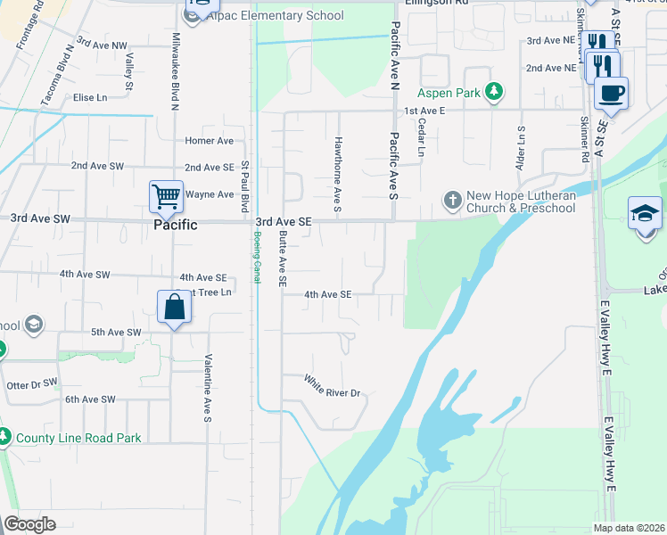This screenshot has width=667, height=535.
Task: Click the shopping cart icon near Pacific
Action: [x=166, y=196]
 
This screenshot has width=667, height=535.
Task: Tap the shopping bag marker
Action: [x=176, y=308]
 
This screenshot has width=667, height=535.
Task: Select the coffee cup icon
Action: [x=612, y=93]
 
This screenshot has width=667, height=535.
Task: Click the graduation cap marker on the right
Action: [x=645, y=214]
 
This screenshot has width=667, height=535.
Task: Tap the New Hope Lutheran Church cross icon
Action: [x=452, y=201]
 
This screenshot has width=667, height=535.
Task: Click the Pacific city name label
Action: [x=175, y=226]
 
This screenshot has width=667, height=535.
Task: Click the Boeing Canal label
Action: [x=256, y=258]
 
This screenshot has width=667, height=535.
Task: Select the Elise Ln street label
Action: [x=90, y=97]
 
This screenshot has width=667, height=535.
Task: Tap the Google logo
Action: [x=29, y=524]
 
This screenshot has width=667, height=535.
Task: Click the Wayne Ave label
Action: [x=209, y=193]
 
